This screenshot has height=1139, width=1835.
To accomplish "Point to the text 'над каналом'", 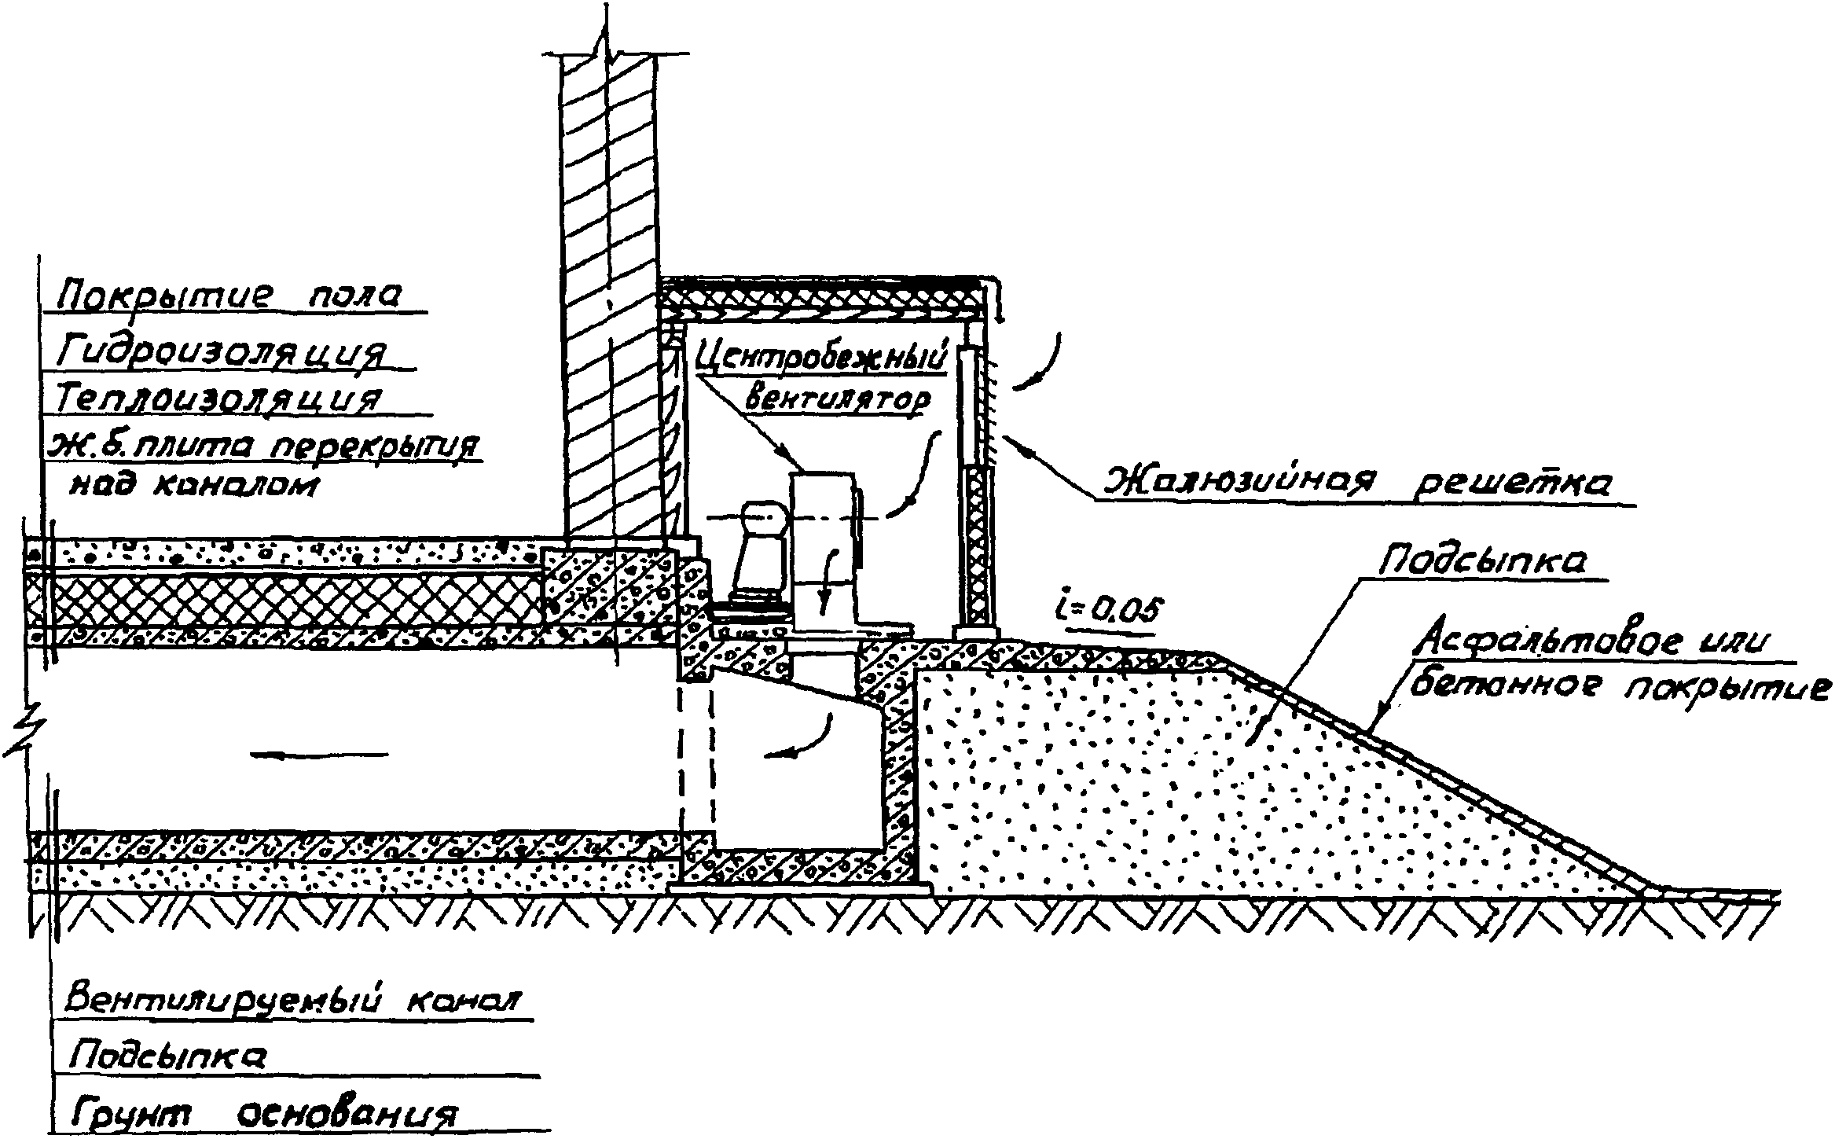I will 195,485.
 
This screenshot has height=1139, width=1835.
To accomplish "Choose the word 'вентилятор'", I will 836,400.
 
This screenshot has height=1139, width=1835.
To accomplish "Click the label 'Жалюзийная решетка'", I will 1356,480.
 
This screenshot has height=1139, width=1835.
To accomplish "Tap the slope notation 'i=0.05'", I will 1107,611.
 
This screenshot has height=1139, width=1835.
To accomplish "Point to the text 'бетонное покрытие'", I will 1620,687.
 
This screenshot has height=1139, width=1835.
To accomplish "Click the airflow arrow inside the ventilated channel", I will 319,755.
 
